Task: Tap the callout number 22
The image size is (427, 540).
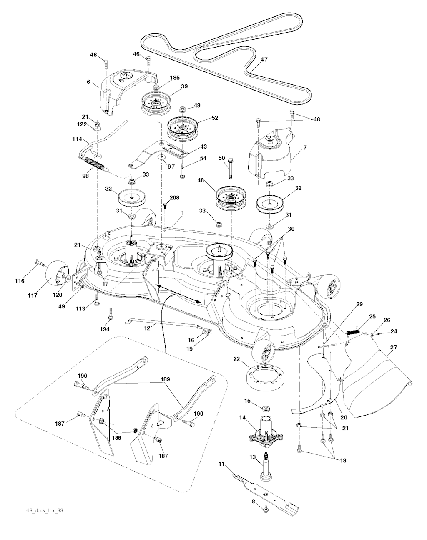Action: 237,359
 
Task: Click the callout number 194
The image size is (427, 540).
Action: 104,329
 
